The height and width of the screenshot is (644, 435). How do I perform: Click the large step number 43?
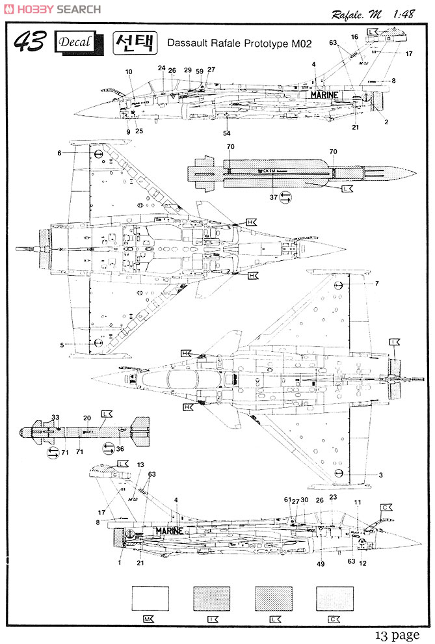[29, 42]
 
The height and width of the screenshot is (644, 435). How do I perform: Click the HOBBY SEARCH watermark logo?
[52, 9]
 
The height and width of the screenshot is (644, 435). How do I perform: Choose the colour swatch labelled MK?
[150, 597]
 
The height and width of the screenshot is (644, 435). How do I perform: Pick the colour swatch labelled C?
[334, 597]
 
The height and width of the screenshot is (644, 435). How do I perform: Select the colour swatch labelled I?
[211, 597]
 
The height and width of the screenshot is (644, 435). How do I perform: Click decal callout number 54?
[227, 133]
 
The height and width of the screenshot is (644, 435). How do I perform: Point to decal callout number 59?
[200, 70]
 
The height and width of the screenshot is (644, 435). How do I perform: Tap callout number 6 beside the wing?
[59, 153]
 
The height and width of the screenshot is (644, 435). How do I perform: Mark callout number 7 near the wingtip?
[376, 284]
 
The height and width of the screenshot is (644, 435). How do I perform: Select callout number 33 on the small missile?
[55, 417]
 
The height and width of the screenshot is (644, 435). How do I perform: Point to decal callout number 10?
[128, 72]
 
